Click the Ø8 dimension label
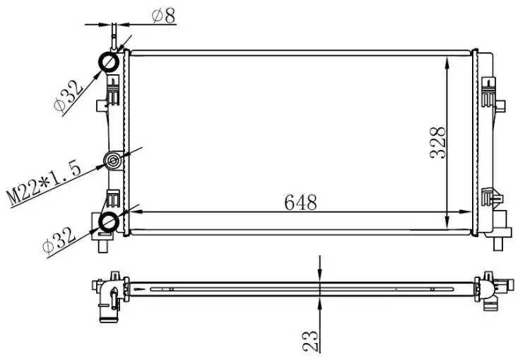(164, 16)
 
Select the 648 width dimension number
(300, 203)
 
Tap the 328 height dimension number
(438, 142)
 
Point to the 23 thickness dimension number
(311, 341)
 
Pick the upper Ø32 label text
(68, 96)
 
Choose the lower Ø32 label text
(59, 241)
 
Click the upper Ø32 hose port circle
(109, 62)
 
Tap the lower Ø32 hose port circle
(108, 221)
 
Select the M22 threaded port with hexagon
(113, 161)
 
